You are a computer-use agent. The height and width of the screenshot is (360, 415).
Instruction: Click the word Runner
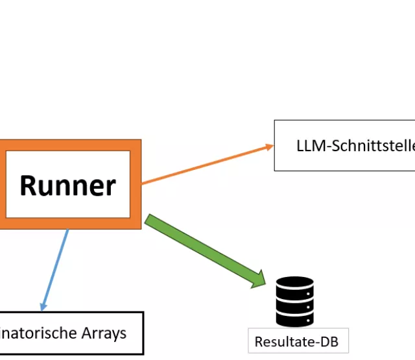coord(68,186)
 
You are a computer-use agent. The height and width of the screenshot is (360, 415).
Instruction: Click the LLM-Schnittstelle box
coord(344,145)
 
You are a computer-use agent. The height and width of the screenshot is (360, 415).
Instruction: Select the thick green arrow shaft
coord(201,246)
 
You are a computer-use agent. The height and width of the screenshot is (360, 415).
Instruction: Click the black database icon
coord(294,301)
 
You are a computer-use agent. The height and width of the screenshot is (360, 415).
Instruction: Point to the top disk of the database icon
coord(294,285)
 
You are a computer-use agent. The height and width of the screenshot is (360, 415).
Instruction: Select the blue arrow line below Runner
coord(56,266)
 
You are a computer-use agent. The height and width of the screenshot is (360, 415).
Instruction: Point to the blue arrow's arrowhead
coord(43,306)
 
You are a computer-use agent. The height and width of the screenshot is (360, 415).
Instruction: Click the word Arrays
coord(103,333)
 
